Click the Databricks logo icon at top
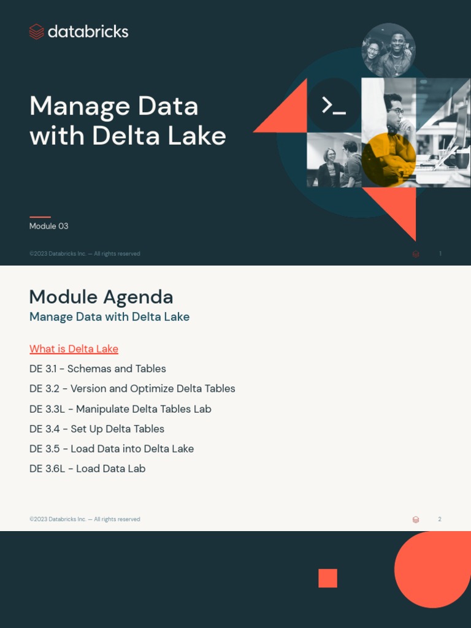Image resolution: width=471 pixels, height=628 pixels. (37, 32)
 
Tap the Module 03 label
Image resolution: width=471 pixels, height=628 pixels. (48, 226)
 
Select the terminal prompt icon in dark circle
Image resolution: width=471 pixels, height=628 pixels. (334, 105)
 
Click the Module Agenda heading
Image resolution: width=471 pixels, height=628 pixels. (101, 297)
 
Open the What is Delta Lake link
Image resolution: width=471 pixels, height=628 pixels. (74, 349)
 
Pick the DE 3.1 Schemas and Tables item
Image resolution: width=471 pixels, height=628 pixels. (98, 369)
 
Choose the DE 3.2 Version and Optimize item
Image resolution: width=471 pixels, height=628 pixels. (132, 389)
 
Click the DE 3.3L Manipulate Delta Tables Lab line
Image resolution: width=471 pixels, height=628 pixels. (120, 409)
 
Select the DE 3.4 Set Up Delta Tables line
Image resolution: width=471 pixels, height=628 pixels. (97, 429)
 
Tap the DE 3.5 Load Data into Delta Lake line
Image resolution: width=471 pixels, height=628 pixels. (112, 449)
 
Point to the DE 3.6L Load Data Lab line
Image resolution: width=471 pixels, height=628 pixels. (87, 469)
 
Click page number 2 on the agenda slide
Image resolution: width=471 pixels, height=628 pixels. (440, 519)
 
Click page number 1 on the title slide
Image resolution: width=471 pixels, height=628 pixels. (440, 254)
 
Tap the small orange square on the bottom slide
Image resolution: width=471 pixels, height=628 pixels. (327, 578)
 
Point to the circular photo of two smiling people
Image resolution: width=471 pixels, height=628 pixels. (388, 50)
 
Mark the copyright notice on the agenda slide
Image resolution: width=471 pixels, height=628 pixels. (85, 519)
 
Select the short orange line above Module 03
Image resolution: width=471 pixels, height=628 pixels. (40, 216)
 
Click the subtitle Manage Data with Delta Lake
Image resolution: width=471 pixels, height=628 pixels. (109, 317)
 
